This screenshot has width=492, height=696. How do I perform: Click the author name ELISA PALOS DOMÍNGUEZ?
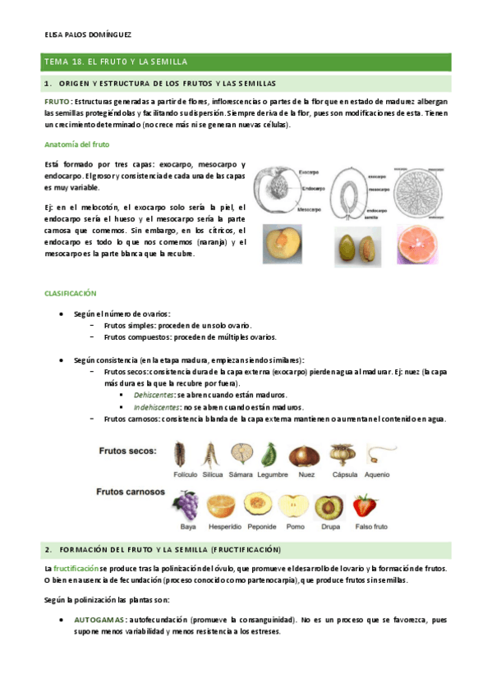pyautogui.click(x=84, y=35)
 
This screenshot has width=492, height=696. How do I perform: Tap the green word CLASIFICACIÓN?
pyautogui.click(x=71, y=292)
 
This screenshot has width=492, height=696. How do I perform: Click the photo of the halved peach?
pyautogui.click(x=278, y=245)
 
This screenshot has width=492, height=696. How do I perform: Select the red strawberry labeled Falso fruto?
pyautogui.click(x=365, y=505)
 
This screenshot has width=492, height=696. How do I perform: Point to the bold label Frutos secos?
pyautogui.click(x=130, y=451)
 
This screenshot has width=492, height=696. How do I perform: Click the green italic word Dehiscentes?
pyautogui.click(x=154, y=395)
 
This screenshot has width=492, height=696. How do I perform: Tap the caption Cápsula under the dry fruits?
pyautogui.click(x=344, y=474)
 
